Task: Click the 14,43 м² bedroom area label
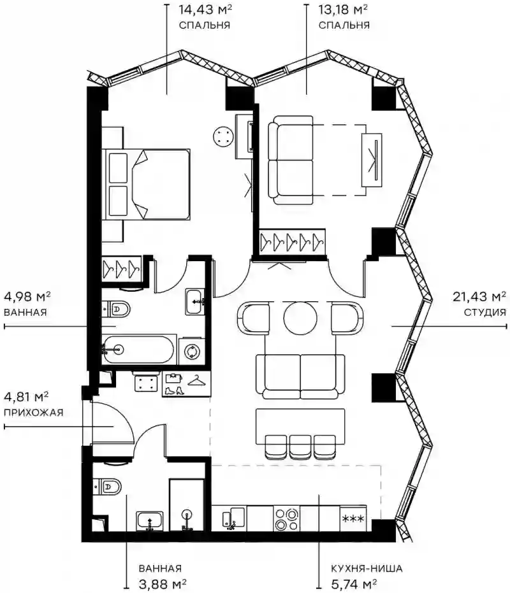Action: pos(205,10)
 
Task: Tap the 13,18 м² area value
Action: pos(343,10)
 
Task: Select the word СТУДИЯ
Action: pos(484,312)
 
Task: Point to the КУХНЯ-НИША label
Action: pos(367,568)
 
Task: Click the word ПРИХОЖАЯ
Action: pos(33,412)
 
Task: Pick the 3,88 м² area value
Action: pos(162,583)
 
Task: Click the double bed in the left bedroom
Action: pos(146,184)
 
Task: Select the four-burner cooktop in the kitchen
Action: pos(286,519)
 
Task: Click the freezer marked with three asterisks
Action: pos(353,518)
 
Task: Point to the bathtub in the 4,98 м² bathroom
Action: pos(138,350)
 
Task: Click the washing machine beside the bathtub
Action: pos(192,352)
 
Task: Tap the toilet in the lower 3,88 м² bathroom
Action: pos(106,487)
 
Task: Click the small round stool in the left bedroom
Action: pos(222,136)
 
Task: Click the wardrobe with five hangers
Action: pos(292,241)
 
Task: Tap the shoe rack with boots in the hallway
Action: pos(186,384)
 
